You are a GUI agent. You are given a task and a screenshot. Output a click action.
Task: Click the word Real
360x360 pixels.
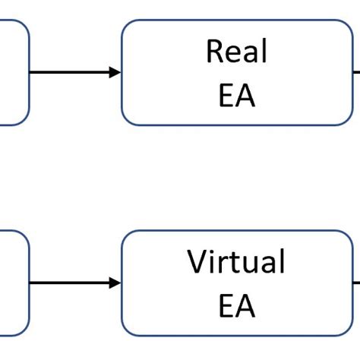pos(236,52)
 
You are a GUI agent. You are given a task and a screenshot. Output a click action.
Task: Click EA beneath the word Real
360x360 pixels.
pos(236,96)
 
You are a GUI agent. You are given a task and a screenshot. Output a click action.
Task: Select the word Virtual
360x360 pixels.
pos(236,262)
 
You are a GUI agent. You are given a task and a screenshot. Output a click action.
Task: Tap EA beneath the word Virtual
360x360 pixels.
pos(236,306)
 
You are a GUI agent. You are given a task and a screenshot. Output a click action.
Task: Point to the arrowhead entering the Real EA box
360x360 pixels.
pos(115,73)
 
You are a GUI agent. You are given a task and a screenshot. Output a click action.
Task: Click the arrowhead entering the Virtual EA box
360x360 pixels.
pos(115,283)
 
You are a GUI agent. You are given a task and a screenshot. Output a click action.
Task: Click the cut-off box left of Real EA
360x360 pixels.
pos(13,72)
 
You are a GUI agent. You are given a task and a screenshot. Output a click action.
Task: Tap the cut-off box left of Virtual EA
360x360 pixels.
pos(13,283)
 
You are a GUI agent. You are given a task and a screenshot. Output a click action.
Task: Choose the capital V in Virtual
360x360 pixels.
pos(198,262)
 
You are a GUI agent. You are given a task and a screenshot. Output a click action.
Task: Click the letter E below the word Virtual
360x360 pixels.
pos(226,306)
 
